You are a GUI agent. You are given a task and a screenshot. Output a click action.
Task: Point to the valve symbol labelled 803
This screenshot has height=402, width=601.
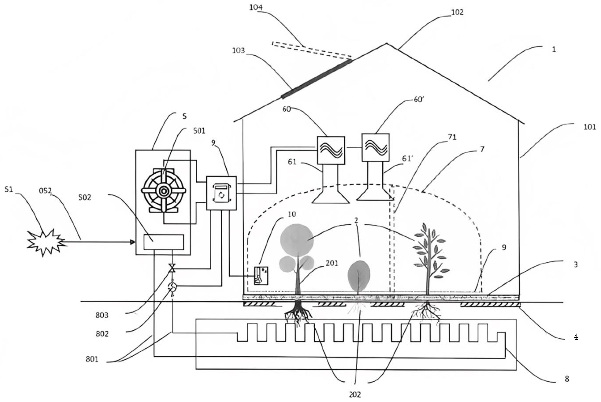(x=172, y=268)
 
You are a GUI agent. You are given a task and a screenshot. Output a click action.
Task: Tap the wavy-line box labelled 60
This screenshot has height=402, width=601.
(x=331, y=150)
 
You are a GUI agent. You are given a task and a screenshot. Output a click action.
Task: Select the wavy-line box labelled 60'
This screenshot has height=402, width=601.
(x=375, y=147)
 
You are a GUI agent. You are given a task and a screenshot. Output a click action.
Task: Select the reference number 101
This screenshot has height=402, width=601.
(x=590, y=127)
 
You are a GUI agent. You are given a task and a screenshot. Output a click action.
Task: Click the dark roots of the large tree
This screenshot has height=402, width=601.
(x=298, y=313)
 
